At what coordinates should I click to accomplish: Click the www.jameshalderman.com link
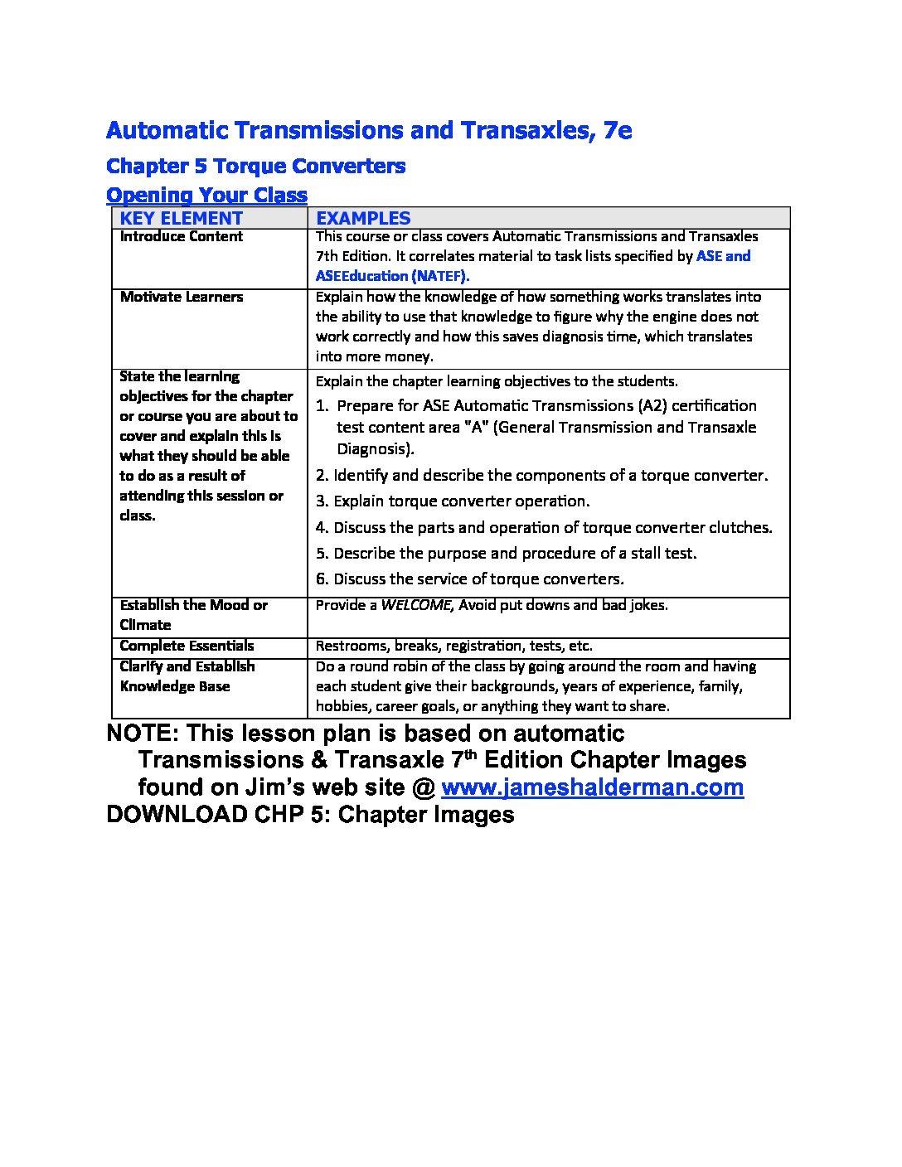tap(592, 787)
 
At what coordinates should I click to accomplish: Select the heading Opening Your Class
tap(206, 195)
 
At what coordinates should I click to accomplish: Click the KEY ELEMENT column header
tap(181, 218)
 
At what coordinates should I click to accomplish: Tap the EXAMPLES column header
tap(363, 218)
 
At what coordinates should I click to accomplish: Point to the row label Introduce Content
tap(181, 236)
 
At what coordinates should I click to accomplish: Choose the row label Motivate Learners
tap(181, 297)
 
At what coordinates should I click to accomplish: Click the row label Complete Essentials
tap(187, 646)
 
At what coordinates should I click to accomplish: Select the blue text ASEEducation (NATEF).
tap(392, 276)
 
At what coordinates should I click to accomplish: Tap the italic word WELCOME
tap(415, 605)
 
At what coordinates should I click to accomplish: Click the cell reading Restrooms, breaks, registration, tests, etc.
tap(453, 646)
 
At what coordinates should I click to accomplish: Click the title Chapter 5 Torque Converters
tap(255, 166)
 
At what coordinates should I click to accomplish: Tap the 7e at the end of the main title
tap(617, 130)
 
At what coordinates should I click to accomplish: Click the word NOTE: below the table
tap(141, 734)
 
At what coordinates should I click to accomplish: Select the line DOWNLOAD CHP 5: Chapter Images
tap(310, 814)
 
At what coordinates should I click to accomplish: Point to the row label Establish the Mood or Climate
tap(193, 614)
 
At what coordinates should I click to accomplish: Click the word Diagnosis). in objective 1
tap(375, 449)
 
